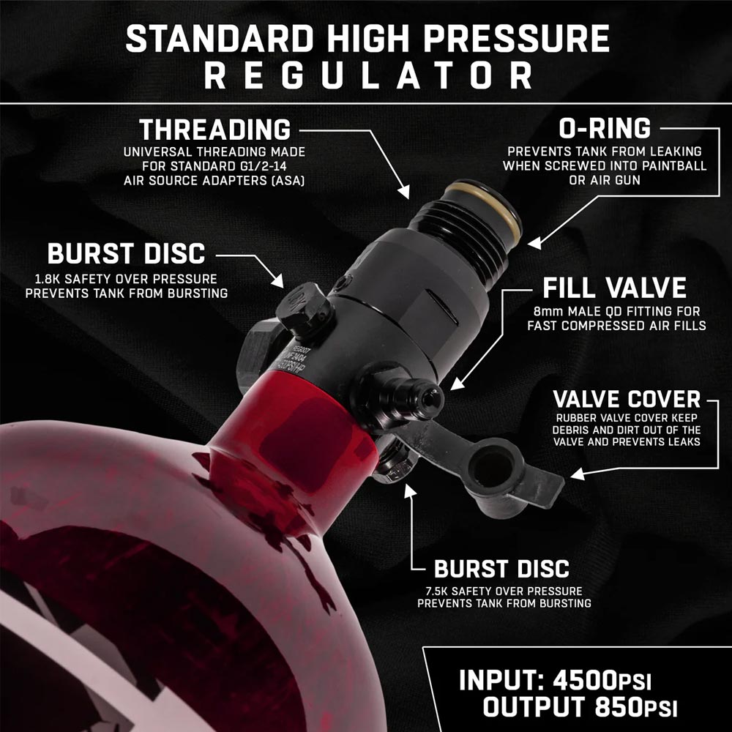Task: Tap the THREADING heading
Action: click(x=214, y=130)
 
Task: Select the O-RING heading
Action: click(x=604, y=129)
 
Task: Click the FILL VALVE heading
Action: click(x=614, y=287)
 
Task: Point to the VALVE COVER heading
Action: click(x=627, y=400)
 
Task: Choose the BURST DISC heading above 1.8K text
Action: click(x=126, y=254)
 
